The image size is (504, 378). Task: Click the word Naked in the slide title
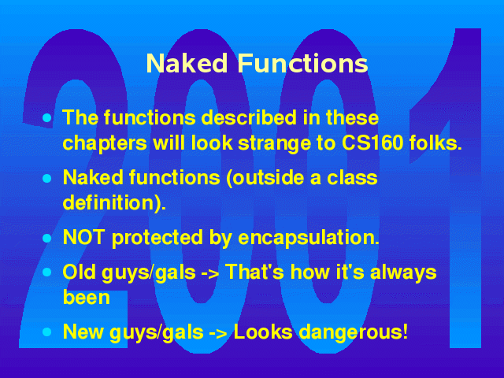click(187, 63)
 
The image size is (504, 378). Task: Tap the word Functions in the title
click(302, 63)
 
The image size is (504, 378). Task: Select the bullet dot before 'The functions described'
click(47, 118)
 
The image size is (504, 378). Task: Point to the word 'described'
click(249, 117)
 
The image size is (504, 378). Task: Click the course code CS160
click(372, 142)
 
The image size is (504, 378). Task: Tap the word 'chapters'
click(105, 143)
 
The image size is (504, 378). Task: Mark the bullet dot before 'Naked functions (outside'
click(47, 178)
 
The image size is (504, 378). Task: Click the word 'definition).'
click(114, 202)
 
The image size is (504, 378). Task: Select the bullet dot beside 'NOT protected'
click(47, 238)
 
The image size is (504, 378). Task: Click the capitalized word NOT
click(84, 238)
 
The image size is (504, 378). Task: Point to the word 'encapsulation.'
click(309, 238)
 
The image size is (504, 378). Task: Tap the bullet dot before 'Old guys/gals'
click(47, 272)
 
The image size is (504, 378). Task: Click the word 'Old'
click(79, 272)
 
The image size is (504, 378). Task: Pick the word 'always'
click(403, 272)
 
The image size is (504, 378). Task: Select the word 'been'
click(86, 298)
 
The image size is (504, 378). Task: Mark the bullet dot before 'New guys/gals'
click(47, 332)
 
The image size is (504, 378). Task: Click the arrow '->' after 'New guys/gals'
click(219, 333)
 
